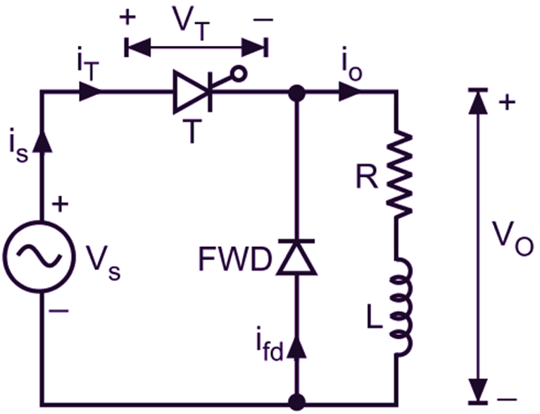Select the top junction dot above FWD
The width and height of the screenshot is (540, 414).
click(296, 92)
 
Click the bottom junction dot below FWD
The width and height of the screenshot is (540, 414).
click(296, 403)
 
